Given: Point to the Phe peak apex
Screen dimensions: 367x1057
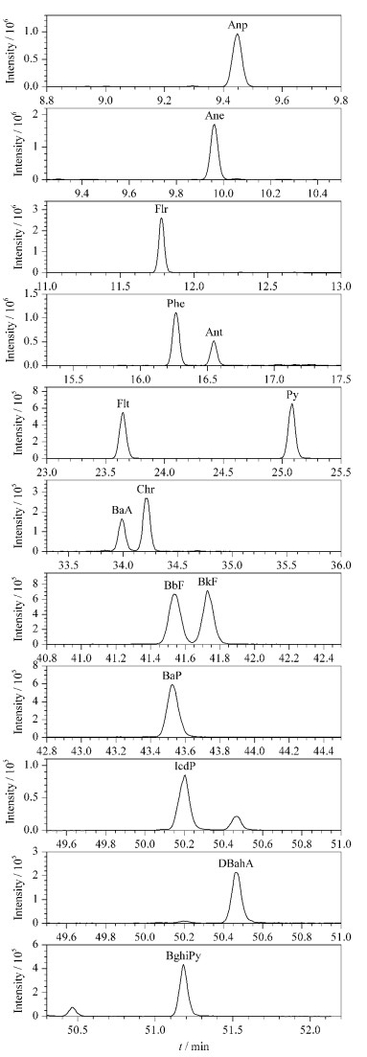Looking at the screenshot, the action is coord(176,312).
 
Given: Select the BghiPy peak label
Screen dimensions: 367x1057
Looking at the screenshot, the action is coord(183,953).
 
